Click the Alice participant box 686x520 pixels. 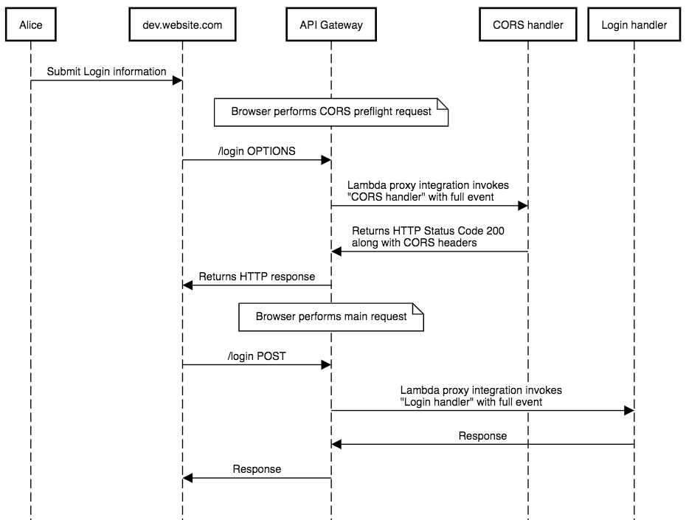pos(31,24)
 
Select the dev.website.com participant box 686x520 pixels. pos(182,24)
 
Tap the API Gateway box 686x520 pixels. pos(331,24)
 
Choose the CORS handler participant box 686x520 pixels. pos(528,24)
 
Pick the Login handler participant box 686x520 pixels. pos(634,24)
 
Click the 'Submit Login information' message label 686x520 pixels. pos(106,72)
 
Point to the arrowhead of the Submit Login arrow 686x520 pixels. pos(178,80)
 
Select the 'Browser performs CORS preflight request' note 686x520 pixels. pos(331,112)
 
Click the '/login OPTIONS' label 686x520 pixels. pos(257,151)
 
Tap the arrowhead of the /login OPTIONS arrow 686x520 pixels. pos(326,160)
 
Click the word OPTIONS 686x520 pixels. pos(271,151)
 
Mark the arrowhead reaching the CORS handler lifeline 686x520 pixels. pos(523,206)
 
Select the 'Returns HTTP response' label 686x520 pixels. pos(257,277)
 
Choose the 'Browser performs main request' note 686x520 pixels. pos(331,317)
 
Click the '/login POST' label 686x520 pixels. pos(257,356)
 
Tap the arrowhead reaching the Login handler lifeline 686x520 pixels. pos(629,411)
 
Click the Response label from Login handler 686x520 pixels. pos(482,436)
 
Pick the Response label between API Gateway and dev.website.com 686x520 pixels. pos(257,469)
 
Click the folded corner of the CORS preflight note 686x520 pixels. pos(443,104)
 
